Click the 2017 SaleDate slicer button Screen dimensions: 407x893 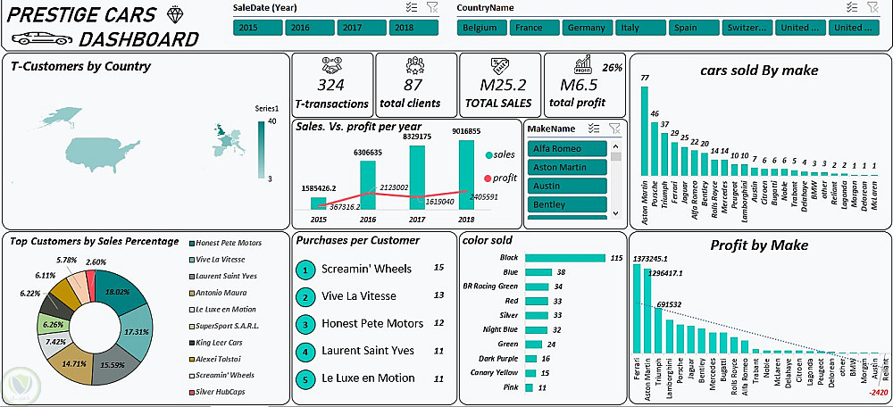(351, 28)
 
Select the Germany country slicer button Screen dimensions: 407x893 (586, 28)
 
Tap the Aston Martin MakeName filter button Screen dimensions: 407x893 (567, 167)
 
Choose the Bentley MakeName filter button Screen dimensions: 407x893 (567, 205)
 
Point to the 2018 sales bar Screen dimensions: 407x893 (466, 174)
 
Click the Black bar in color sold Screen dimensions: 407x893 (565, 258)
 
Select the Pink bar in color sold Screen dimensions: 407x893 (530, 388)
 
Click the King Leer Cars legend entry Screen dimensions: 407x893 (193, 343)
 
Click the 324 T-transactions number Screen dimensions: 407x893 (330, 86)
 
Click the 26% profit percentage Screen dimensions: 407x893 (613, 67)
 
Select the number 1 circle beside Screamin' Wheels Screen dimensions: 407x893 (305, 269)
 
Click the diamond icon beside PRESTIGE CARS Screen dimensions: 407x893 (173, 14)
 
